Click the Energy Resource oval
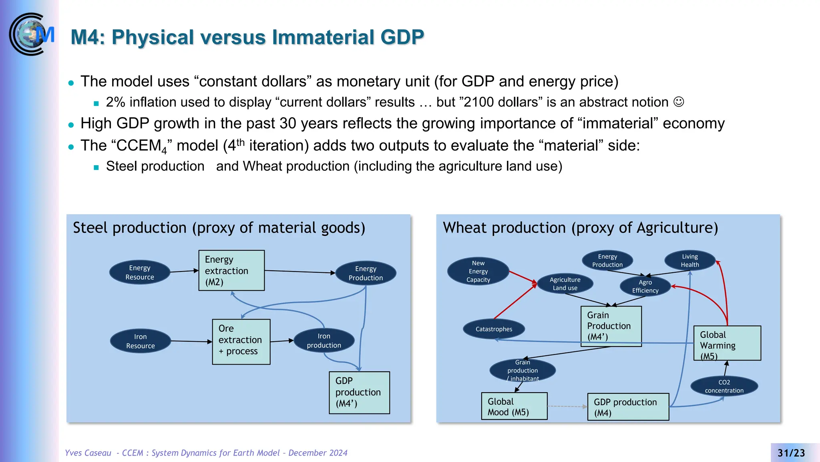(x=140, y=272)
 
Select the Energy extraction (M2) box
(x=231, y=270)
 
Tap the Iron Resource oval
(x=140, y=341)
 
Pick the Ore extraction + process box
(x=241, y=342)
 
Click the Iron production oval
(x=324, y=340)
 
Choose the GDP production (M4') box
(x=359, y=392)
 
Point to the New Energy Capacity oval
(x=478, y=271)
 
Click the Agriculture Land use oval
(x=565, y=284)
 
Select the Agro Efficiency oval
(x=645, y=286)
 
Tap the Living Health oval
(x=690, y=261)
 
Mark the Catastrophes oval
(x=494, y=329)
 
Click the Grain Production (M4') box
(x=611, y=326)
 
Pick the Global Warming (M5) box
(x=727, y=343)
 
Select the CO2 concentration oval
(x=724, y=386)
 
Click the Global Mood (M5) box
(x=514, y=406)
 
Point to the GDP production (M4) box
(x=628, y=407)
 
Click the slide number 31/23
(x=791, y=453)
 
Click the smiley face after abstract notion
(x=679, y=102)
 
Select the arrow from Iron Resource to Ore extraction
(x=191, y=341)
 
